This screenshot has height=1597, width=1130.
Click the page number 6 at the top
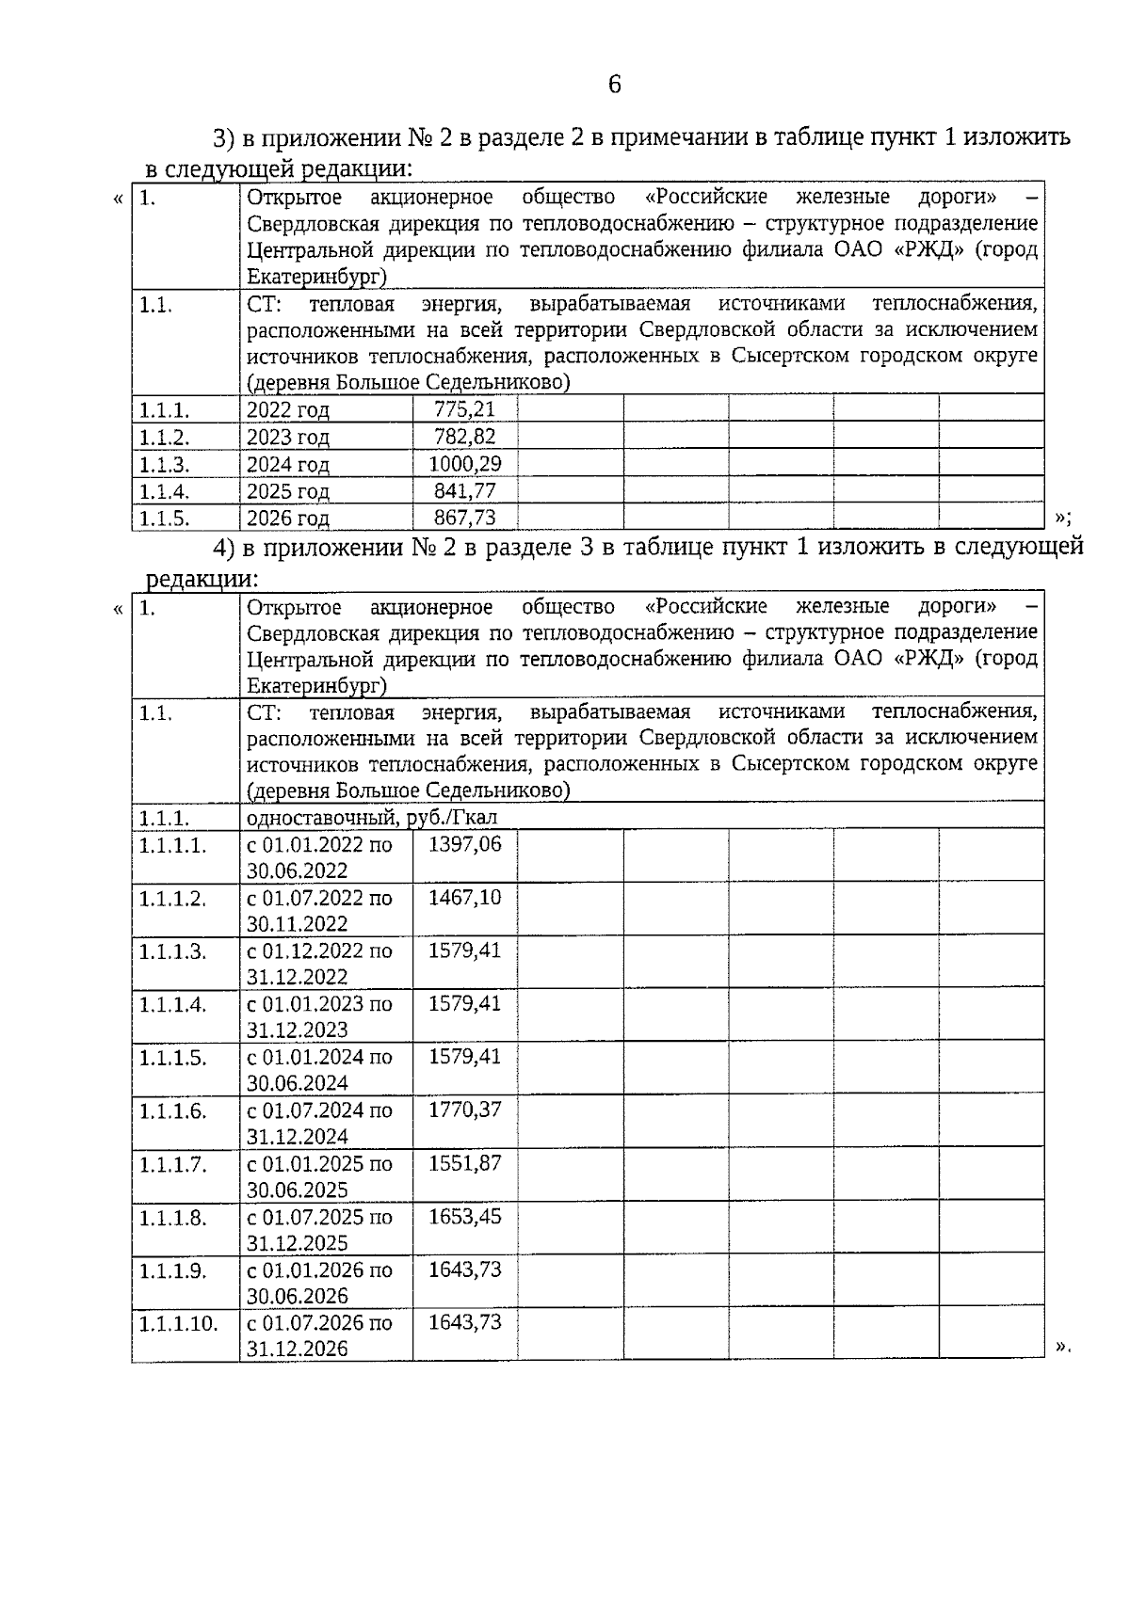coord(614,85)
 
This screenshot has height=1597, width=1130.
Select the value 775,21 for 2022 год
coord(464,409)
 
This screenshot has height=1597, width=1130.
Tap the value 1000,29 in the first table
coord(464,464)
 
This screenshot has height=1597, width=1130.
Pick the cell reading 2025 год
coord(288,491)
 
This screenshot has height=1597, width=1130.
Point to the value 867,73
coord(464,518)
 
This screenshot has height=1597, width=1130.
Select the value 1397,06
coord(465,844)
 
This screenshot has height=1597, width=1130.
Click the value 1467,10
coord(465,897)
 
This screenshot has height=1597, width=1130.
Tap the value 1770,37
coord(465,1110)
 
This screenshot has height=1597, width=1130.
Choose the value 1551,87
coord(465,1163)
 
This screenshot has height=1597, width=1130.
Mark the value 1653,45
coord(465,1216)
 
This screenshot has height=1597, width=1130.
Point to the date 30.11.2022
coord(298,924)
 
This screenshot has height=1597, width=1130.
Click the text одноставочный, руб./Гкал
coord(372,817)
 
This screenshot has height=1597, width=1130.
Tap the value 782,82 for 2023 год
coord(464,437)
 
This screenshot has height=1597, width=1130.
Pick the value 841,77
coord(464,491)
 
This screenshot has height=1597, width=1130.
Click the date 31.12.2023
coord(298,1030)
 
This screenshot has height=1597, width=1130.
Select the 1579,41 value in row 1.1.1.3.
coord(465,950)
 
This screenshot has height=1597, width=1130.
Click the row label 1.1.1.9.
coord(172,1270)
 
